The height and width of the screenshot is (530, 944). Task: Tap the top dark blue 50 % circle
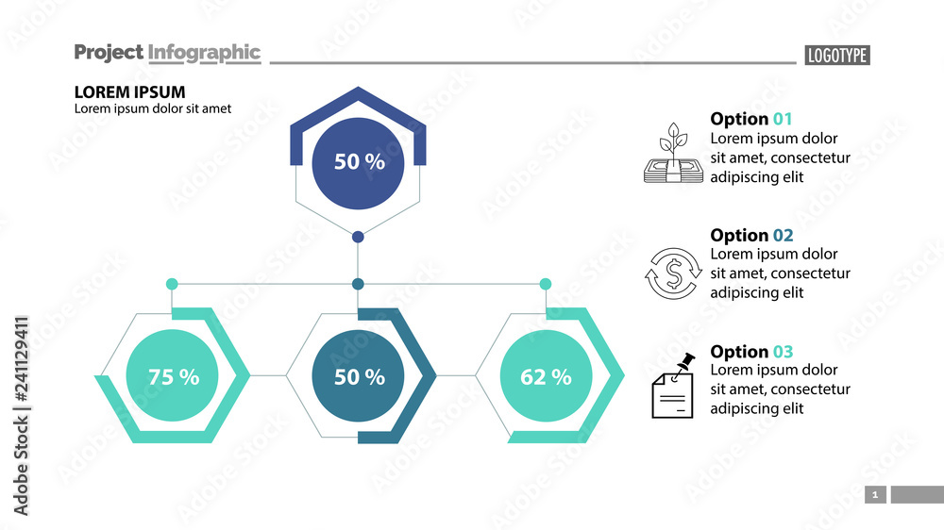click(359, 161)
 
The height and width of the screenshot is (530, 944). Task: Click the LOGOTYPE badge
click(836, 56)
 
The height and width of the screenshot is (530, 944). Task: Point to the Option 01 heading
click(751, 119)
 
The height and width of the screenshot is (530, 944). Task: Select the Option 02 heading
click(751, 235)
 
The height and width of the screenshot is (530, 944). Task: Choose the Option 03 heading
click(751, 352)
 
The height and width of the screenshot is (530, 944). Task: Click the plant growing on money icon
click(674, 153)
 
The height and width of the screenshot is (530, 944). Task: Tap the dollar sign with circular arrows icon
click(674, 273)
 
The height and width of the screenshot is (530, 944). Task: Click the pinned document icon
click(672, 389)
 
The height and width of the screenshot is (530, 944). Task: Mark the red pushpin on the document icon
click(687, 362)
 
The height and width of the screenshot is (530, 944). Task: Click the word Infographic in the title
click(204, 53)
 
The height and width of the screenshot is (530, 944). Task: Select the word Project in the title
click(109, 53)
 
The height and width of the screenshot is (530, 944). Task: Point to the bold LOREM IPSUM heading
click(129, 91)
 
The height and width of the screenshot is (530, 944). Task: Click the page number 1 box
click(875, 494)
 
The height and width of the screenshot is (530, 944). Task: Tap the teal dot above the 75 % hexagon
click(172, 284)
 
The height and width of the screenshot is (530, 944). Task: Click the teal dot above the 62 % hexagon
click(545, 284)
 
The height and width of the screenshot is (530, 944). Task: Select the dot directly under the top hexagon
click(358, 237)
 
